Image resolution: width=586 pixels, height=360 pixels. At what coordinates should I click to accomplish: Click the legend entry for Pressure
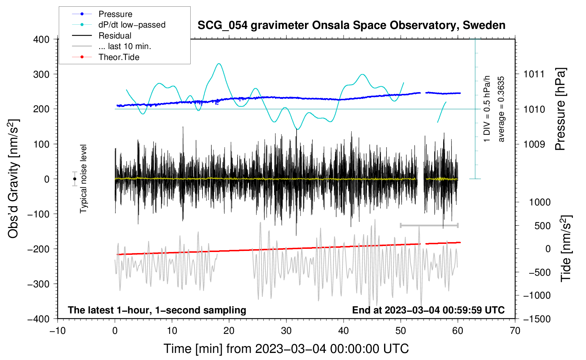(x=115, y=14)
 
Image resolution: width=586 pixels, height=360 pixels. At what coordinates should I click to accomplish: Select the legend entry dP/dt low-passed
(x=132, y=25)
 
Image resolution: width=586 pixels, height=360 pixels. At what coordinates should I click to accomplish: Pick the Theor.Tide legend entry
(x=119, y=57)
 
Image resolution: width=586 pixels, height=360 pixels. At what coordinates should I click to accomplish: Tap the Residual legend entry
(x=115, y=36)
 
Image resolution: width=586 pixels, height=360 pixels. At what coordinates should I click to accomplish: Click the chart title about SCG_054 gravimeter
(x=351, y=25)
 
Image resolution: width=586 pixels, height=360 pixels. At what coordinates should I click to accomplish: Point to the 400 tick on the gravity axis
(x=41, y=40)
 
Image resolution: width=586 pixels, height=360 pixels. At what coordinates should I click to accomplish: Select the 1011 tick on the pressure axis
(x=534, y=74)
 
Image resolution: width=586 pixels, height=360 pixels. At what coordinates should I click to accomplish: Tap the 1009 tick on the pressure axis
(x=534, y=144)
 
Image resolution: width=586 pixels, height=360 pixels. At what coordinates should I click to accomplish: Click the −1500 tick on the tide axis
(x=537, y=319)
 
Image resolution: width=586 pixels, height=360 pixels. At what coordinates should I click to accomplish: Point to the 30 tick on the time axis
(x=286, y=331)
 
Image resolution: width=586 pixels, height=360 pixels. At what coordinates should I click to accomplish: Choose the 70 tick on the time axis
(x=515, y=331)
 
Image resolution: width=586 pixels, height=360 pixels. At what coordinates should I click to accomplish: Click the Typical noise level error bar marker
(x=75, y=179)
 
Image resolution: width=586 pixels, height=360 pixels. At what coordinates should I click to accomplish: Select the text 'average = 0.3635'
(x=501, y=109)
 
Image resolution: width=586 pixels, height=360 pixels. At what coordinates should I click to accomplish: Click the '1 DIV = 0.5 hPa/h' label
(x=487, y=109)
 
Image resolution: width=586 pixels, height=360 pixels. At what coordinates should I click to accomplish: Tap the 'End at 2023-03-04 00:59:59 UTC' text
(x=428, y=310)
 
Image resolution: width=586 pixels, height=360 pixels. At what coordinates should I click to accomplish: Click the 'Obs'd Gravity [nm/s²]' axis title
(x=13, y=179)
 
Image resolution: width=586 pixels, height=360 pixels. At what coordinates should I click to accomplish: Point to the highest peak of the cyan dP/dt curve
(x=219, y=64)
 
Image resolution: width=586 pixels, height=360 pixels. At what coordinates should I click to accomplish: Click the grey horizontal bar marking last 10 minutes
(x=429, y=225)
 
